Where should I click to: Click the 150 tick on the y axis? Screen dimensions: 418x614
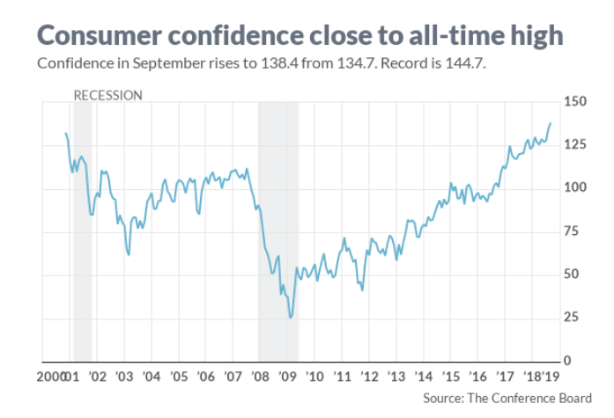coord(574,102)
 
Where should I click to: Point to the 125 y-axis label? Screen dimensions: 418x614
coord(574,145)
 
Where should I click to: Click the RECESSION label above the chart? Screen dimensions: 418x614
coord(107,95)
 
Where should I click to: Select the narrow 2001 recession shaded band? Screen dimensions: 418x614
coord(82,229)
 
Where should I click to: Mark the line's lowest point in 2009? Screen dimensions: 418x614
coord(291,317)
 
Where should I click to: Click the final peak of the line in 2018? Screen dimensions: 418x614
coord(551,123)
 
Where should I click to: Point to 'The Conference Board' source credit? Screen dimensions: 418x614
coord(528,399)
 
